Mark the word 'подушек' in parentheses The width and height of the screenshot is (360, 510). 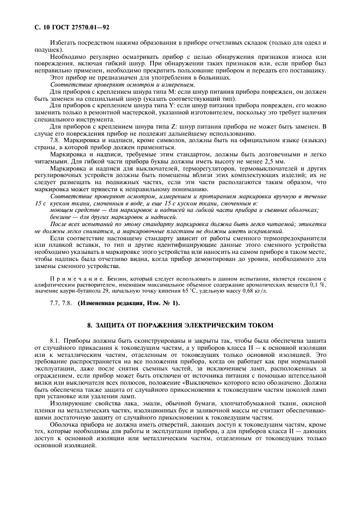tap(45, 49)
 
